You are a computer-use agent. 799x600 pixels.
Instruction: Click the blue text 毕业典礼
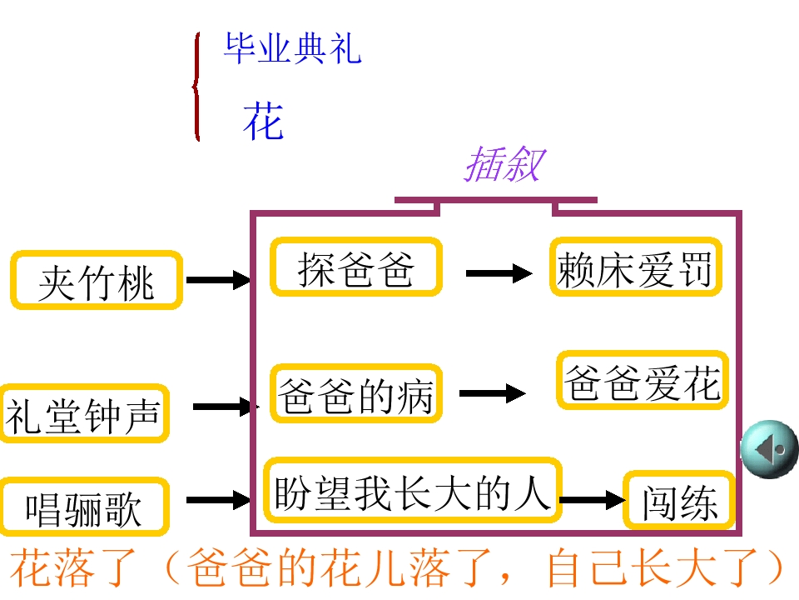point(292,49)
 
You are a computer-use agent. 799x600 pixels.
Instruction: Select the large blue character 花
point(263,122)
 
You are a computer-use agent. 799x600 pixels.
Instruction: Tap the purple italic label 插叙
point(504,164)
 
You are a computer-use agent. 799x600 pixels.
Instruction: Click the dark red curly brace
point(197,87)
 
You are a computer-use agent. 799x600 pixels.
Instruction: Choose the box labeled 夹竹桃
point(96,281)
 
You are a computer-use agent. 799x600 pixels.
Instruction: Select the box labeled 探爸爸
point(356,267)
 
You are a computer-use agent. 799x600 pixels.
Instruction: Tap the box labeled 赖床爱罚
point(635,267)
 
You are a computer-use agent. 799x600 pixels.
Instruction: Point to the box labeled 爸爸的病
point(356,395)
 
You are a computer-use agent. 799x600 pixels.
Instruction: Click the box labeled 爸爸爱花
point(642,381)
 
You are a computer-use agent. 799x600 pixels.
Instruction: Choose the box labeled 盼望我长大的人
point(413,491)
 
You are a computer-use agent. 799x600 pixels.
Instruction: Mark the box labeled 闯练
point(680,502)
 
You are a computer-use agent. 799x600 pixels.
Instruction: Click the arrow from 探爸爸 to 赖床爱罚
point(499,272)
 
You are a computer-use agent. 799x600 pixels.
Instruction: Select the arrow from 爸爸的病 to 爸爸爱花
point(493,394)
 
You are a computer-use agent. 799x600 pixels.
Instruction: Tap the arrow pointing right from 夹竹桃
point(218,280)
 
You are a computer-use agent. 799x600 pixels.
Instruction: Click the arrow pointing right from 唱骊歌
point(218,500)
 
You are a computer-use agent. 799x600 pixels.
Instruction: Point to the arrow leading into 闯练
point(592,500)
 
